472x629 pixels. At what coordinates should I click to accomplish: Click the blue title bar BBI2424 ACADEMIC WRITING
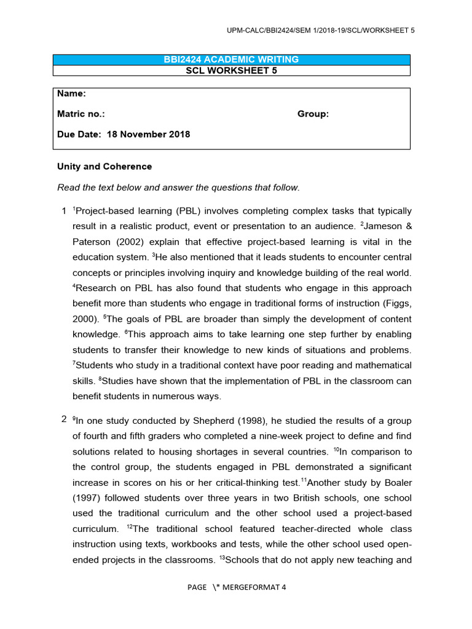pos(231,60)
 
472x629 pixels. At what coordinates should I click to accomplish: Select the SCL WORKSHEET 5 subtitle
pos(231,70)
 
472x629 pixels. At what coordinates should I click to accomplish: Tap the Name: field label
pos(71,94)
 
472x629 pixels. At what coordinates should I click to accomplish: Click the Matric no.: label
pos(81,114)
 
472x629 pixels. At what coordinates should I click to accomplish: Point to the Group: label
pos(313,114)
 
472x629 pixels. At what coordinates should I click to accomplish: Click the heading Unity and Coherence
pos(104,166)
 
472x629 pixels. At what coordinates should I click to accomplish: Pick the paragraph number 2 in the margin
pos(64,420)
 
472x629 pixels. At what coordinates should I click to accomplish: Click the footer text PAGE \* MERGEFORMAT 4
pos(237,587)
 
